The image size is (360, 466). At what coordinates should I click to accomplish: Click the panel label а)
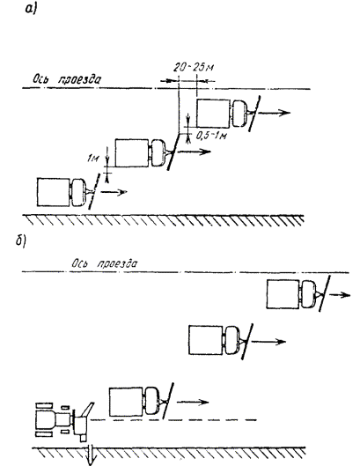tap(31, 10)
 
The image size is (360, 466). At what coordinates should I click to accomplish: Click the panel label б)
tap(21, 241)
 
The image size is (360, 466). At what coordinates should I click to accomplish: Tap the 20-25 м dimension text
tap(194, 68)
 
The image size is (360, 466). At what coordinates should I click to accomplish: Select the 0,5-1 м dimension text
tap(211, 136)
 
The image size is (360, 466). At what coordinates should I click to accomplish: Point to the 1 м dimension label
tap(93, 159)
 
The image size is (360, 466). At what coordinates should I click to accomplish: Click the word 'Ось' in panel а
tap(40, 79)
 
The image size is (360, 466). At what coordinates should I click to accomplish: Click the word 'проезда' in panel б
tap(117, 263)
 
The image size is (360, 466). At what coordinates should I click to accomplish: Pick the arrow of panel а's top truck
tap(274, 113)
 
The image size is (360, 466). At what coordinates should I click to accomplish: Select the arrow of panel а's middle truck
tap(195, 152)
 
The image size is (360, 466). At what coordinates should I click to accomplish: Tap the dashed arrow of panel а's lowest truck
tap(114, 192)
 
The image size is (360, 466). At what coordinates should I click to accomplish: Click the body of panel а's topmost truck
tap(213, 114)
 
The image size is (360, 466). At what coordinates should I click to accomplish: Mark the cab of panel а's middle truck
tap(158, 153)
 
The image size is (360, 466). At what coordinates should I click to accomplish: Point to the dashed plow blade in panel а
tap(93, 191)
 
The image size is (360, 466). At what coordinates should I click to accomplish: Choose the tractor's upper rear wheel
tap(44, 405)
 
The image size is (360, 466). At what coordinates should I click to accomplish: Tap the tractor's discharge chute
tap(87, 410)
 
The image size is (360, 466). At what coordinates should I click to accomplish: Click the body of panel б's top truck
tap(283, 294)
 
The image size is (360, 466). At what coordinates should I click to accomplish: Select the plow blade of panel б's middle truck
tap(247, 342)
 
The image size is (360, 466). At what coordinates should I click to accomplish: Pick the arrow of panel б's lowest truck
tap(193, 402)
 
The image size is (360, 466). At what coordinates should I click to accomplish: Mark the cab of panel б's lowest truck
tap(151, 401)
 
